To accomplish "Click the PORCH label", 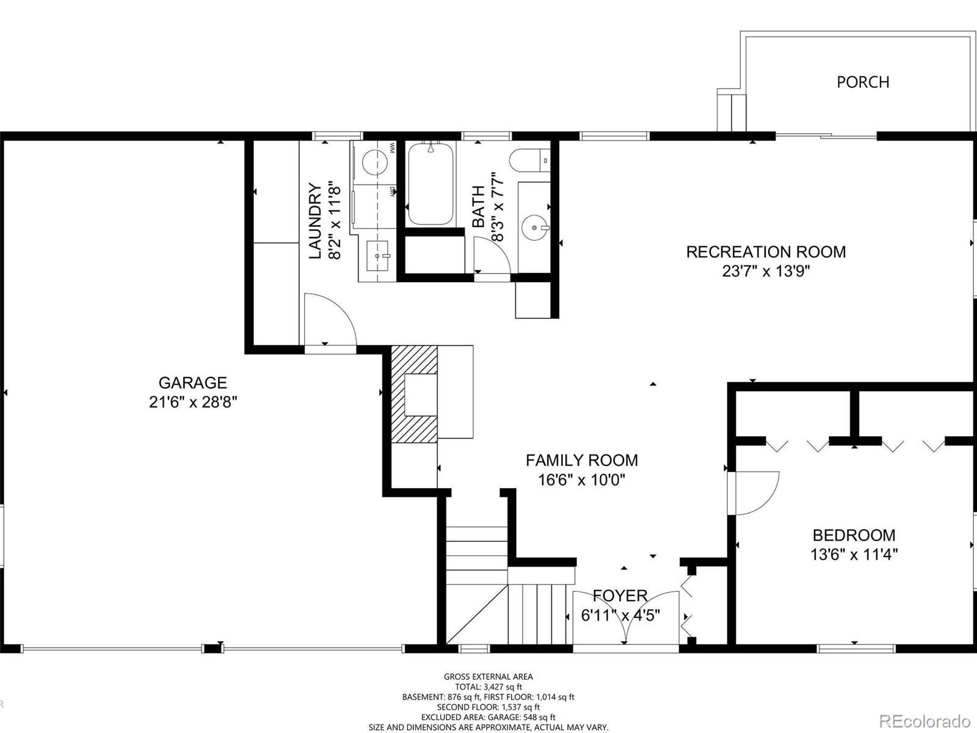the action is [x=863, y=82].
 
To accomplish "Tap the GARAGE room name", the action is [x=193, y=383].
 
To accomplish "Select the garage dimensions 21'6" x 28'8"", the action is [x=193, y=403].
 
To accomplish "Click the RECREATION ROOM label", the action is [x=766, y=252].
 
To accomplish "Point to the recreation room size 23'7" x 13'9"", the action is [x=766, y=271].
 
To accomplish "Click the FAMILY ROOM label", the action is [x=582, y=460].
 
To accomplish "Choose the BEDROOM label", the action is [x=854, y=535].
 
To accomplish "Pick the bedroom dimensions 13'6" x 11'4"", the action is [x=854, y=555].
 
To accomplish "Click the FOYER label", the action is [x=620, y=596].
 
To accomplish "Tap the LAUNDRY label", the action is [x=315, y=221].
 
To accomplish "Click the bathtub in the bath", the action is [x=430, y=183].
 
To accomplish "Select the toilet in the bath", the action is [x=529, y=160].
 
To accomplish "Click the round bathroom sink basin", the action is [x=534, y=227].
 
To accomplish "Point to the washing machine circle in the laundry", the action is [x=375, y=161].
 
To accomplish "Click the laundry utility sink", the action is [x=377, y=256].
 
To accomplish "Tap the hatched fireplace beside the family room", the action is [x=414, y=395].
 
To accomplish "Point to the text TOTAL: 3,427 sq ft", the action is [x=488, y=687].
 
